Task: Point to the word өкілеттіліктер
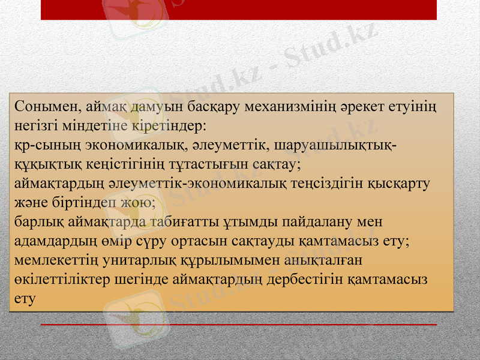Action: [x=67, y=280]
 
